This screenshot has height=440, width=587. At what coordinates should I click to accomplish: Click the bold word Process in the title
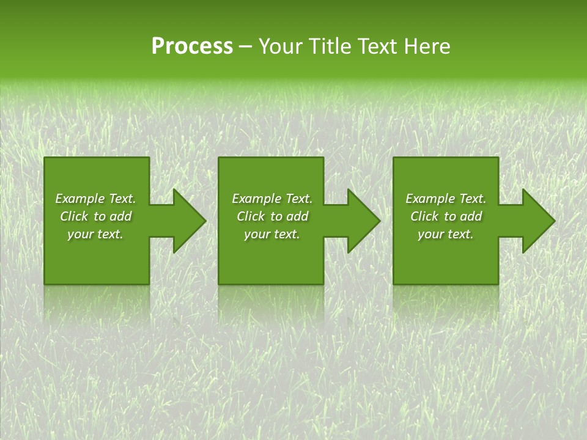tap(192, 46)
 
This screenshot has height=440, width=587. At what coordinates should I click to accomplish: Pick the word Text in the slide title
tap(376, 46)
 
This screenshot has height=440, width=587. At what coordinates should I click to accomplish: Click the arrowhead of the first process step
tap(190, 221)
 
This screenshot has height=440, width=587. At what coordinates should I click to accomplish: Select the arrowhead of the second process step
tap(364, 221)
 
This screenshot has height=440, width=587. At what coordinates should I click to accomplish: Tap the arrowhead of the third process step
tap(539, 221)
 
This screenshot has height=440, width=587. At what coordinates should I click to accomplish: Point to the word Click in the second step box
tap(250, 216)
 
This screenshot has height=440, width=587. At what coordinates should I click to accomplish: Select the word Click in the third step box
tap(424, 216)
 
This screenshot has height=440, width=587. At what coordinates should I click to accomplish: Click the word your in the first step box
tap(80, 234)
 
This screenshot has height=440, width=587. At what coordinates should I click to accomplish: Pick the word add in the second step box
tap(297, 216)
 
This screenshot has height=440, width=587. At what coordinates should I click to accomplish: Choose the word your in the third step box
tap(430, 234)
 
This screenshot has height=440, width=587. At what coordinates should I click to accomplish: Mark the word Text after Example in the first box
tap(122, 199)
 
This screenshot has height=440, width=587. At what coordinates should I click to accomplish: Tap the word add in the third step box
tap(470, 216)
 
